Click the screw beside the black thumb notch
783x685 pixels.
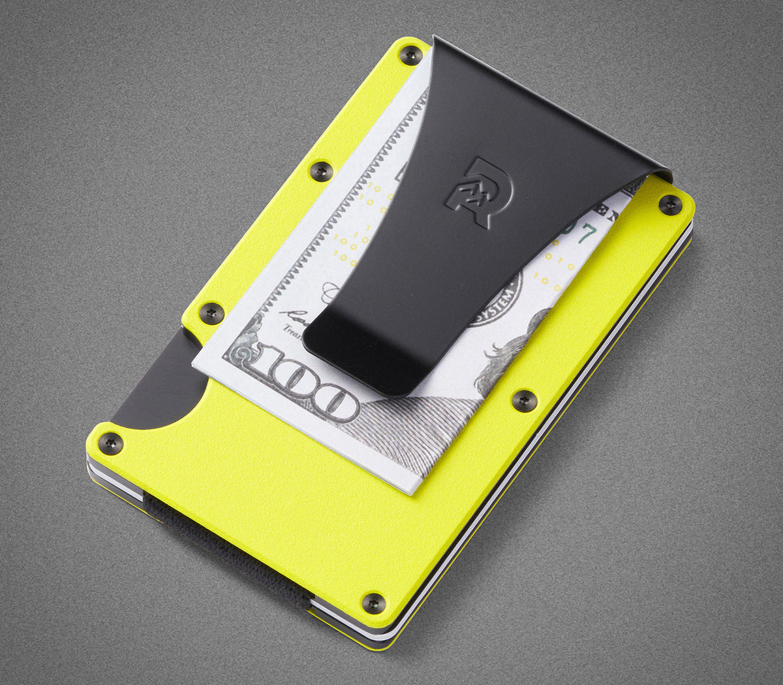coord(110,443)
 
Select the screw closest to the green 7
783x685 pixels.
coord(669,205)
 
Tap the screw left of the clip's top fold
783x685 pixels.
coord(410,55)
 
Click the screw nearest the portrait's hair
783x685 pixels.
coord(524,400)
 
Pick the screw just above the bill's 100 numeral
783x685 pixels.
coord(211,312)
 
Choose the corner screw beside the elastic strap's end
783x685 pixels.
coord(373,602)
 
